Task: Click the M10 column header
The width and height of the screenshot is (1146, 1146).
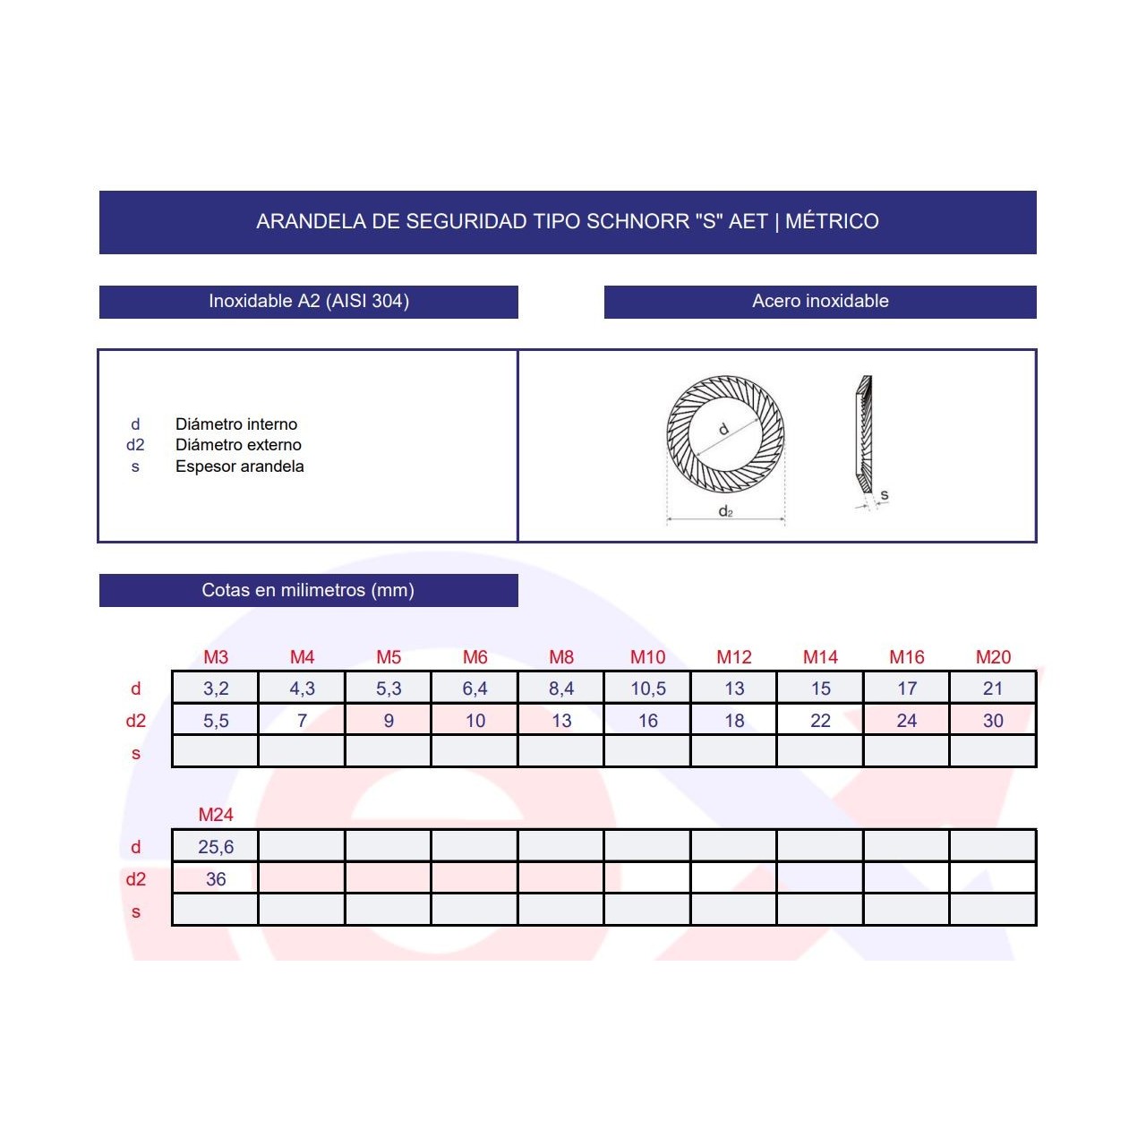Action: tap(647, 656)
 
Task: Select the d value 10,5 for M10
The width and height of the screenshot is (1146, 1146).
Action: tap(647, 688)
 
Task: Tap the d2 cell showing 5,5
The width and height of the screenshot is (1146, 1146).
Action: tap(216, 720)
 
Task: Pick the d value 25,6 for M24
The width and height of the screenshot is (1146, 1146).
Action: tap(216, 846)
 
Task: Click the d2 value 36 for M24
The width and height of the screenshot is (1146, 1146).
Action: tap(216, 878)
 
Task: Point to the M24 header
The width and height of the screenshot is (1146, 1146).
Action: tap(216, 814)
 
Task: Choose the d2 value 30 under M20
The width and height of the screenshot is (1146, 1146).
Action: tap(993, 720)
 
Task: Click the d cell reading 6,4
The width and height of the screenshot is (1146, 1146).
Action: tap(475, 688)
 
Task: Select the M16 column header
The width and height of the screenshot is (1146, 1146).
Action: tap(907, 656)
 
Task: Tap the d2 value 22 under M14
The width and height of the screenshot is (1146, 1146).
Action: tap(821, 720)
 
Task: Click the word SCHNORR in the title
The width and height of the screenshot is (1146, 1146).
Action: tap(637, 221)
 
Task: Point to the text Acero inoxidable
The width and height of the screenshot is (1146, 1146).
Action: tap(821, 301)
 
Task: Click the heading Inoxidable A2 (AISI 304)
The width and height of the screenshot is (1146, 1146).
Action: tap(309, 301)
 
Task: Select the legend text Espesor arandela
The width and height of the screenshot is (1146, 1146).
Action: tap(240, 466)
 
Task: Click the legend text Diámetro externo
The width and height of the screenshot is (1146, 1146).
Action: tap(238, 445)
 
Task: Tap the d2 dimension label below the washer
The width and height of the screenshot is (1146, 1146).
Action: tap(725, 511)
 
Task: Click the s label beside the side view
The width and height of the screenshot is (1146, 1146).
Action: tap(885, 494)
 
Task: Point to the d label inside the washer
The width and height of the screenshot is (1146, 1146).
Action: tap(723, 428)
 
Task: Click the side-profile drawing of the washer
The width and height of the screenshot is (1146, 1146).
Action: tap(863, 434)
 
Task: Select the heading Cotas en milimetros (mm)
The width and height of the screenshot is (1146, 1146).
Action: tap(308, 590)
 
